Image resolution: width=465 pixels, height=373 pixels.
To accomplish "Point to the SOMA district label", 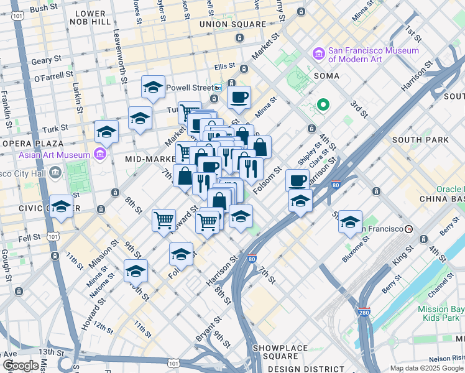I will [326, 76].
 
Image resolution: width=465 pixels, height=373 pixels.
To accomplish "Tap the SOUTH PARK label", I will [420, 140].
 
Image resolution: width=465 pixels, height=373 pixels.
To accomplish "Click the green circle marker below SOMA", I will [323, 104].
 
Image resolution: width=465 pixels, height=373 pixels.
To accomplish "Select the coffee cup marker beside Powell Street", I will [239, 98].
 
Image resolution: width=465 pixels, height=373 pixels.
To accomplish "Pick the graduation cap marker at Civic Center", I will [61, 206].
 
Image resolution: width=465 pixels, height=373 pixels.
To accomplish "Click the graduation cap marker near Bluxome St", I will [350, 221].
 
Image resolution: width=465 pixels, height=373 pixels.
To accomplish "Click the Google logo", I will [21, 366].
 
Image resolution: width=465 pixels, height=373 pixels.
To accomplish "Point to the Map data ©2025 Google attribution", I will [426, 368].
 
